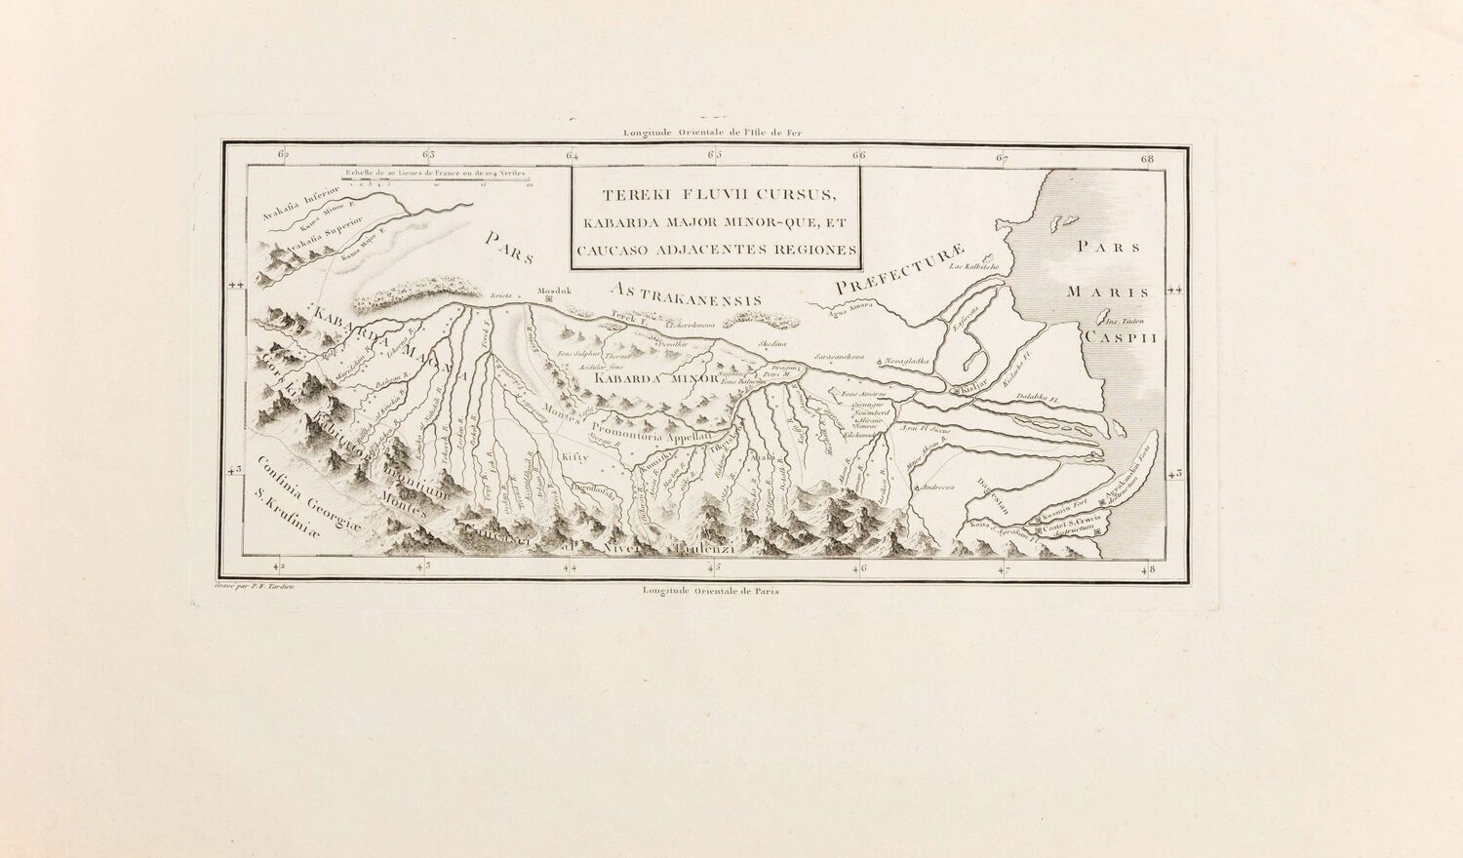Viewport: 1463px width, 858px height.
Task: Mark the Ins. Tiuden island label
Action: (1122, 321)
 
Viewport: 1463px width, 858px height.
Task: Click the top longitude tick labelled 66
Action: (858, 154)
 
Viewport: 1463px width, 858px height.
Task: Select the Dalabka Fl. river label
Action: (1038, 398)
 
